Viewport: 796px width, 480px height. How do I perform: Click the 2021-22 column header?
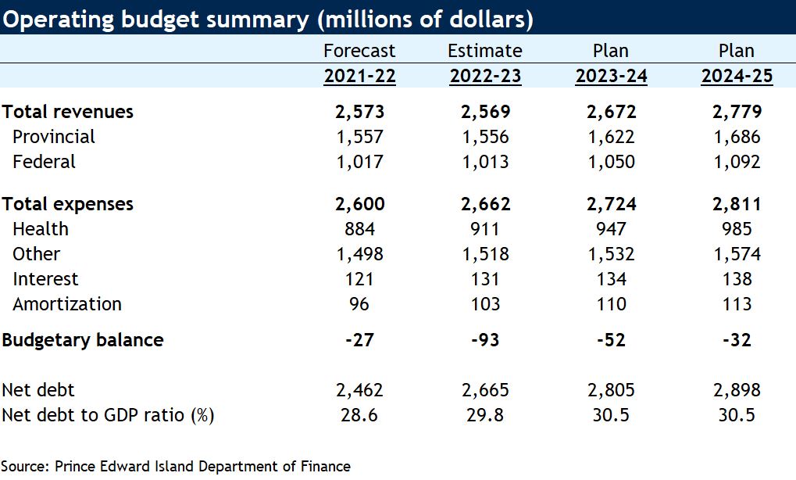coord(359,76)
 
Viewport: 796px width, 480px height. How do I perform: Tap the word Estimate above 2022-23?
coord(484,51)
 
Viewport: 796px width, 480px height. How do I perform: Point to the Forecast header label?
coord(359,51)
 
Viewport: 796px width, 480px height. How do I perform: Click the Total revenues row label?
coord(68,112)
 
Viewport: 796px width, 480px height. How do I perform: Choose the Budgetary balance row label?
coord(83,340)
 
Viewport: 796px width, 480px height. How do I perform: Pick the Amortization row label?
coord(67,304)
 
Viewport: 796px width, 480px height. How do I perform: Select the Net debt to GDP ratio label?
coord(108,415)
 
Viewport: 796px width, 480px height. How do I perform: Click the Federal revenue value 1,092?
coord(737,162)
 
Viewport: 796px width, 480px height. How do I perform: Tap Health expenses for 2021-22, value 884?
coord(359,229)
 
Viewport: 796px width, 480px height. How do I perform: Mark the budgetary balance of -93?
coord(484,340)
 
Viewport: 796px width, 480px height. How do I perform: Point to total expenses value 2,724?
coord(611,204)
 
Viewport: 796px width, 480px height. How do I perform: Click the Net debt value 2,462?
coord(359,390)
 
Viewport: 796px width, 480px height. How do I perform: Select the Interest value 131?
coord(484,279)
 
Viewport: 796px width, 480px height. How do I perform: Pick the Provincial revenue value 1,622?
coord(611,137)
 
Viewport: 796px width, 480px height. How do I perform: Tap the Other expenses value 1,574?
coord(737,254)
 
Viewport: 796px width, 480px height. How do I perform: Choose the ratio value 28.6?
coord(359,415)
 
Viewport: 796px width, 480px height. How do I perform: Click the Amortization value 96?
coord(359,304)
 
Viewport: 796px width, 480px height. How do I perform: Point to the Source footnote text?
coord(176,466)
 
